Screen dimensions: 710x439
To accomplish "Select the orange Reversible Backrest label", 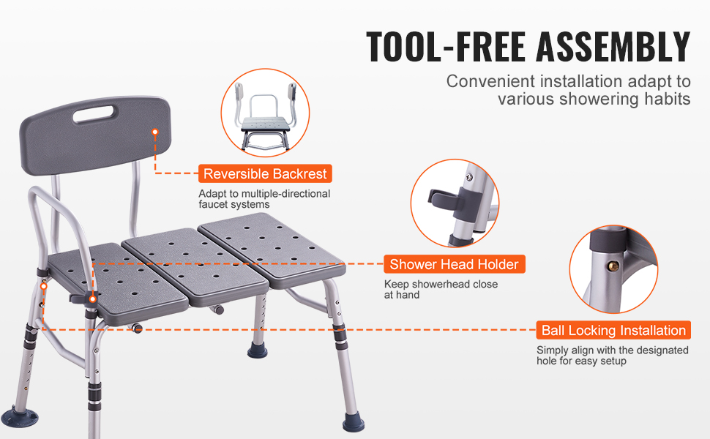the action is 265,174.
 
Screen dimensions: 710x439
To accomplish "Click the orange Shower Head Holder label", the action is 454,264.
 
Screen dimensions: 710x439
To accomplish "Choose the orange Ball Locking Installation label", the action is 613,331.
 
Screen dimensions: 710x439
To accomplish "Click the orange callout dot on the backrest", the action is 155,132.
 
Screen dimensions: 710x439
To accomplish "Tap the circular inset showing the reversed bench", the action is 266,113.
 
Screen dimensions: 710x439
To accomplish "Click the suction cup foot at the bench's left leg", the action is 20,417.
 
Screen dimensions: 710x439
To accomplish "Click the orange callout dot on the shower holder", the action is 92,299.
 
